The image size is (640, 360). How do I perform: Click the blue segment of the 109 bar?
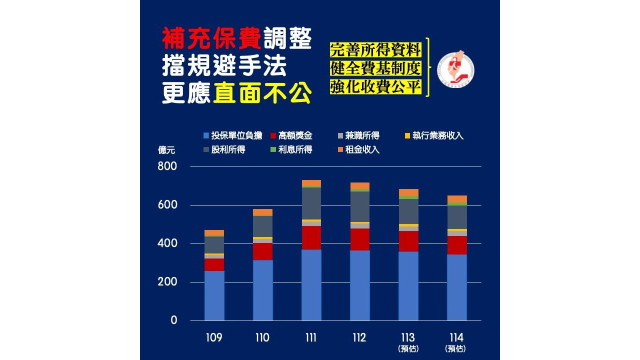coord(214,295)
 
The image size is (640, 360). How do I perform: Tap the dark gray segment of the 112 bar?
coord(359,206)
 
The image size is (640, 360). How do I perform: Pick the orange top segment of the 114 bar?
coord(456,199)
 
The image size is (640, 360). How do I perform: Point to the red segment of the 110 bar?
coord(262,251)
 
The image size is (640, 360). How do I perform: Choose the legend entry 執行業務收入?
coord(434,135)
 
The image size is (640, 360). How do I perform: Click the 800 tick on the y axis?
coord(167,166)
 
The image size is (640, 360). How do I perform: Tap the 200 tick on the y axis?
coord(167,282)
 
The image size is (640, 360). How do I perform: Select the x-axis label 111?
coord(310,337)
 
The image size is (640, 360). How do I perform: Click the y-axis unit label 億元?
coord(166,149)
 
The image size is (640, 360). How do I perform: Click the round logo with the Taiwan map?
coord(455,69)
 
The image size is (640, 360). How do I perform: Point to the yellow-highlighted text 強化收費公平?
coord(375,86)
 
